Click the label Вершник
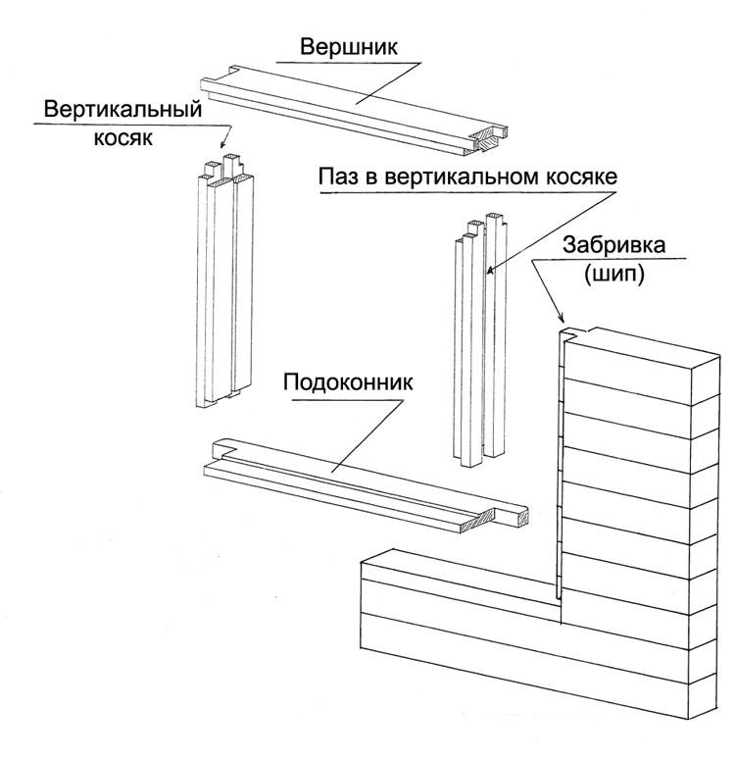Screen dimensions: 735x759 pos(348,47)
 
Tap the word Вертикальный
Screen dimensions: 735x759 pos(122,110)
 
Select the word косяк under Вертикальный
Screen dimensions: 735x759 pos(122,138)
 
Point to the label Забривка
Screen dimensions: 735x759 pos(613,244)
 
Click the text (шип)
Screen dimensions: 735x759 pos(614,275)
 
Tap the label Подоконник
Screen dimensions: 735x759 pos(348,382)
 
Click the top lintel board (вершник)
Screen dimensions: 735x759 pos(354,111)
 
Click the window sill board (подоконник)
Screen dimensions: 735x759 pos(366,485)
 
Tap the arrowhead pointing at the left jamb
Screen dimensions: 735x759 pos(223,143)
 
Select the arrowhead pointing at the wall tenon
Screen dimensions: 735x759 pos(561,317)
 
